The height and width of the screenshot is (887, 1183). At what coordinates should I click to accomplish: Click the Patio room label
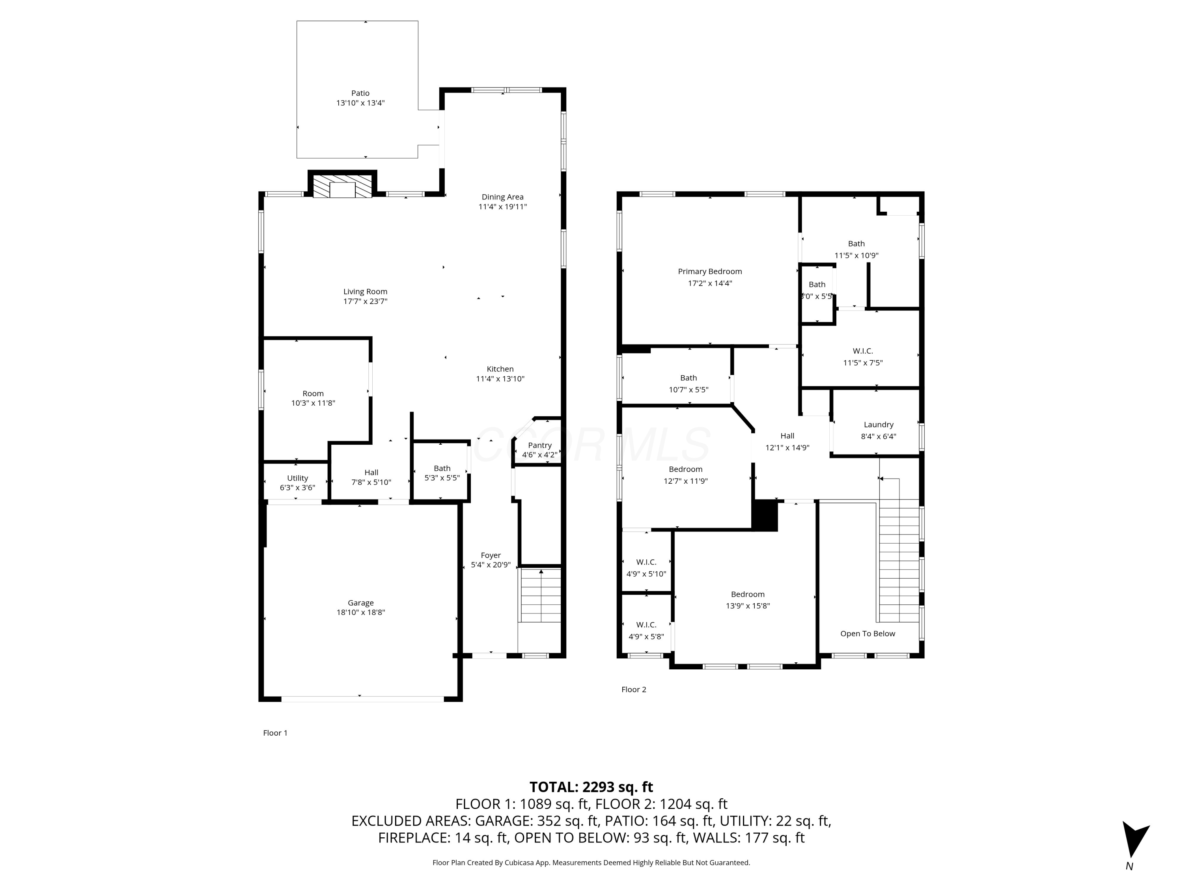click(x=360, y=93)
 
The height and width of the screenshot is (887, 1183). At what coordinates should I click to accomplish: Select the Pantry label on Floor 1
click(x=539, y=445)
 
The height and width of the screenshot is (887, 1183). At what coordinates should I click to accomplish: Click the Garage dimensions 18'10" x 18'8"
click(x=360, y=612)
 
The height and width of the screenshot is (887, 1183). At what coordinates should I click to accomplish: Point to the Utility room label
click(x=297, y=478)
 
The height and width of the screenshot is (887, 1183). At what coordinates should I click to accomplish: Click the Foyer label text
click(x=491, y=555)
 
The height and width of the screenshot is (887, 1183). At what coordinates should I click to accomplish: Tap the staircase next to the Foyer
click(x=541, y=596)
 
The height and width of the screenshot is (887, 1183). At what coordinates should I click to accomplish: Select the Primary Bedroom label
click(x=710, y=271)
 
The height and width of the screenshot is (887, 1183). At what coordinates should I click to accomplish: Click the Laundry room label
click(x=878, y=425)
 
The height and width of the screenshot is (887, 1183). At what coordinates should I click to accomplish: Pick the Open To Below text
click(x=867, y=634)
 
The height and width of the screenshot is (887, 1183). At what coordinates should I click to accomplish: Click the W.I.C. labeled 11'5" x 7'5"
click(x=862, y=357)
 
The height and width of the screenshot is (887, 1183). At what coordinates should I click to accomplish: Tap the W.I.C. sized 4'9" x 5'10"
click(x=646, y=568)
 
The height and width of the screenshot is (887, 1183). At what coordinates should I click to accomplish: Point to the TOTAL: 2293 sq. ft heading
click(x=591, y=787)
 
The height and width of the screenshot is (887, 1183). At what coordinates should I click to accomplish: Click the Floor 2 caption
click(x=633, y=689)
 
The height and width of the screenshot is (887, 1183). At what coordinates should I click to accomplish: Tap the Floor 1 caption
click(x=275, y=732)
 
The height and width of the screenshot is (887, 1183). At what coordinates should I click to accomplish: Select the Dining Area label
click(x=502, y=197)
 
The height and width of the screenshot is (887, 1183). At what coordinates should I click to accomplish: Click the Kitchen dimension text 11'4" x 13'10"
click(x=500, y=378)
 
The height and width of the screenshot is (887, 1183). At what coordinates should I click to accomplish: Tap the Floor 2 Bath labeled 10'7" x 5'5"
click(x=688, y=383)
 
